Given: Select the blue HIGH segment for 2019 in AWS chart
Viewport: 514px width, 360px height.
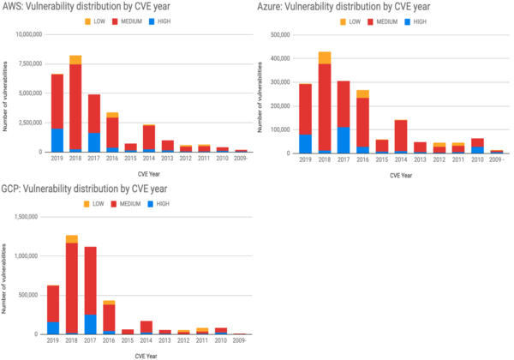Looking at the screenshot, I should (x=57, y=140).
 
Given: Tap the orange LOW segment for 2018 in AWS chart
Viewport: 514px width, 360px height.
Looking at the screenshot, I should (x=75, y=59).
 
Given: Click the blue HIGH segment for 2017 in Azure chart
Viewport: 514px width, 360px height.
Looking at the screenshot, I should (x=343, y=140).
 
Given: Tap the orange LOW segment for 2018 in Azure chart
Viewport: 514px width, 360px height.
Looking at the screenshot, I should (x=324, y=57).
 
